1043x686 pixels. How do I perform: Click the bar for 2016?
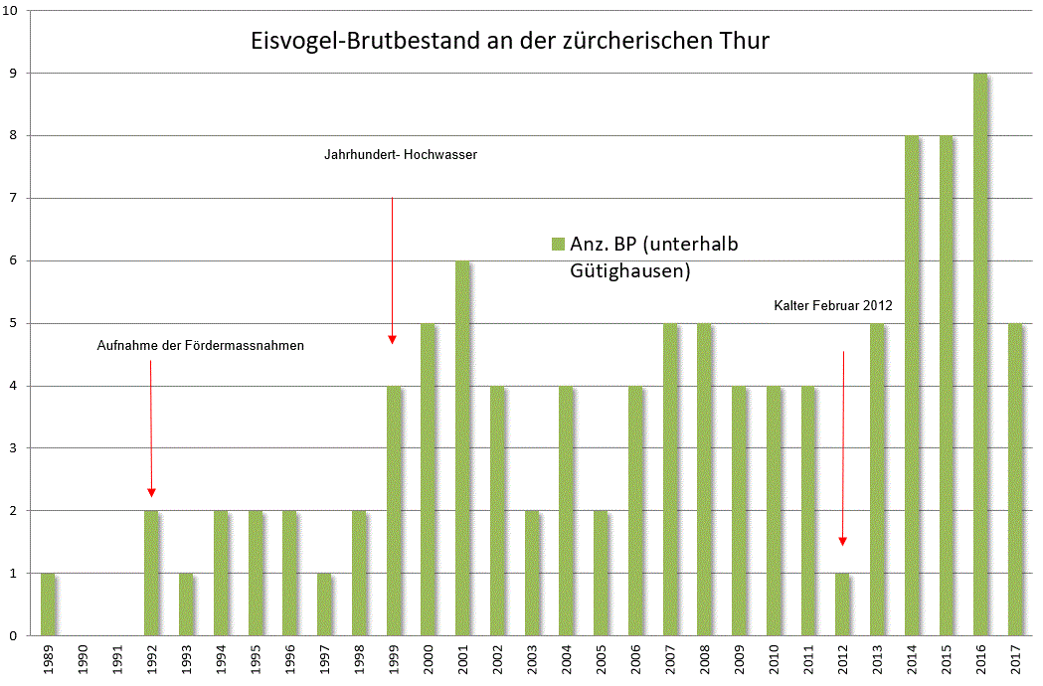pyautogui.click(x=980, y=354)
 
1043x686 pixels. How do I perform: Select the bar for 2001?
pyautogui.click(x=463, y=447)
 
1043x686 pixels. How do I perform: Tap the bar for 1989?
pyautogui.click(x=49, y=604)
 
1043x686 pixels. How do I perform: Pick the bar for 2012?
pyautogui.click(x=842, y=604)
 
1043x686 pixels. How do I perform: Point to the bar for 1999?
pyautogui.click(x=395, y=510)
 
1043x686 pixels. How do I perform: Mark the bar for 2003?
pyautogui.click(x=532, y=573)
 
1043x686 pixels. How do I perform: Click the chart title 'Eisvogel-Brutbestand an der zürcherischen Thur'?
pyautogui.click(x=509, y=42)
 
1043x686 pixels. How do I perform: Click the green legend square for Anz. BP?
pyautogui.click(x=558, y=245)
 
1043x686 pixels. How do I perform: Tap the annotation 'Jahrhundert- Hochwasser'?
pyautogui.click(x=401, y=155)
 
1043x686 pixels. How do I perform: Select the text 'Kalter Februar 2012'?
pyautogui.click(x=833, y=306)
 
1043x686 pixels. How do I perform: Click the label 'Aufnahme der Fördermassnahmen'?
pyautogui.click(x=200, y=346)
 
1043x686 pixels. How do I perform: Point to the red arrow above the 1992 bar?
pyautogui.click(x=151, y=428)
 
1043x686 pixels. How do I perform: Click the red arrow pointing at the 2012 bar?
pyautogui.click(x=843, y=447)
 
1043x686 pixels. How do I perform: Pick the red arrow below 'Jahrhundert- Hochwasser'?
pyautogui.click(x=392, y=269)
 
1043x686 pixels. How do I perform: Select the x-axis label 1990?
pyautogui.click(x=84, y=660)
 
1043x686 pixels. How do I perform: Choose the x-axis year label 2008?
pyautogui.click(x=705, y=660)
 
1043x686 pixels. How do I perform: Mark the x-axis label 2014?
pyautogui.click(x=912, y=660)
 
